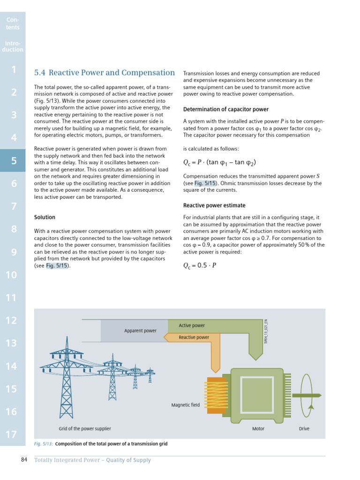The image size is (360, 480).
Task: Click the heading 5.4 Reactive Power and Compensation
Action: [x=105, y=73]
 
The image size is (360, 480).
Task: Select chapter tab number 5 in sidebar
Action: [x=13, y=161]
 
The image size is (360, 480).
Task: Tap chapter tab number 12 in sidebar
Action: [x=12, y=321]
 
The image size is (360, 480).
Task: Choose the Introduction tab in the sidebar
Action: [x=13, y=46]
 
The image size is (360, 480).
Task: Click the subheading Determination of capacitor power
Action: [x=225, y=110]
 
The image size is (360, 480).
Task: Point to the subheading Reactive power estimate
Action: [x=214, y=206]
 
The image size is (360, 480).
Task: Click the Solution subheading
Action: [x=45, y=217]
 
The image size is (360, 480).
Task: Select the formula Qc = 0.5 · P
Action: [x=200, y=265]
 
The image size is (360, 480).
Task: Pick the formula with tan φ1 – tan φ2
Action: [x=219, y=163]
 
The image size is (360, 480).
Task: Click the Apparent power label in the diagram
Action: [x=140, y=331]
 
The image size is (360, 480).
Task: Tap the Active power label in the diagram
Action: [x=192, y=325]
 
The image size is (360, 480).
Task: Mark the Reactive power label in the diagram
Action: [x=194, y=337]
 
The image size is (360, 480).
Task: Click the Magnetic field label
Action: [x=185, y=405]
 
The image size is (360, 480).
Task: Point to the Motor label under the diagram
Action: [x=258, y=428]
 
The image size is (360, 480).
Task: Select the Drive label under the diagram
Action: [x=304, y=428]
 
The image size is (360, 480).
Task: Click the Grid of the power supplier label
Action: [x=85, y=428]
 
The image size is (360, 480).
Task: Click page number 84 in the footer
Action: [x=24, y=460]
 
